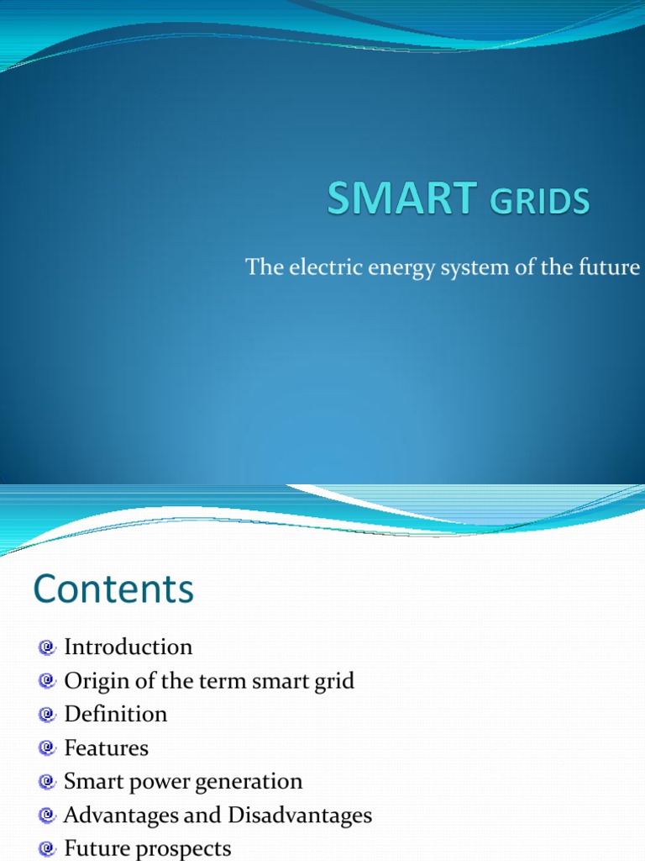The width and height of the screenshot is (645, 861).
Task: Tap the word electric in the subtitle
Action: click(315, 267)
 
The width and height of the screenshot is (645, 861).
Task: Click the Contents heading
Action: click(113, 589)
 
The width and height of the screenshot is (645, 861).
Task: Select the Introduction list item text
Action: click(128, 647)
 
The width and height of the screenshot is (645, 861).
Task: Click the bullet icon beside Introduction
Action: click(47, 647)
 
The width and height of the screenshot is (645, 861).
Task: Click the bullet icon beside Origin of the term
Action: click(47, 681)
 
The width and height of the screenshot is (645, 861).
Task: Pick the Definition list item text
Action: click(116, 714)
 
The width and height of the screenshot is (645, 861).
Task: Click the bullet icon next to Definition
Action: click(47, 715)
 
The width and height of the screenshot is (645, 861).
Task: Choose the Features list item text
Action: click(106, 747)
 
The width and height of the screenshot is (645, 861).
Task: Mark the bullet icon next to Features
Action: click(47, 748)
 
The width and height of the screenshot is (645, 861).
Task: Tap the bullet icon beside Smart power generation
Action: click(47, 782)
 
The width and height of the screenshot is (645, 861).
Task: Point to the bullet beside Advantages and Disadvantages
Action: click(47, 816)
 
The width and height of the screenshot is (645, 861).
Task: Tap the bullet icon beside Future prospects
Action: click(47, 848)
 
